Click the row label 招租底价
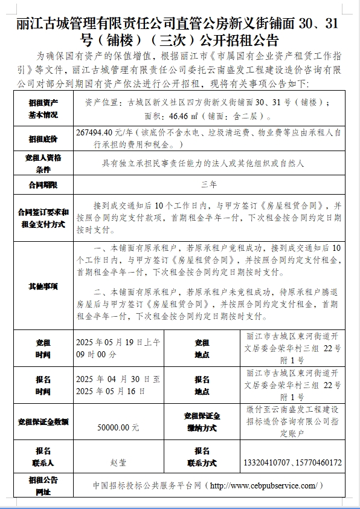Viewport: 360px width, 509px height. (43, 139)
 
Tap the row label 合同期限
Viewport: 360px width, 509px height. (43, 183)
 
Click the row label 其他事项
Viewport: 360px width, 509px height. (43, 286)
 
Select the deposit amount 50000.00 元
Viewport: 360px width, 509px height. (118, 427)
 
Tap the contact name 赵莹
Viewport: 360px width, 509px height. (118, 462)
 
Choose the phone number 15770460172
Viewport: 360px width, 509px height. (320, 462)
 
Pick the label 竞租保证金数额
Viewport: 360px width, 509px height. (43, 421)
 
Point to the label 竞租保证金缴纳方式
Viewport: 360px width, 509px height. (202, 421)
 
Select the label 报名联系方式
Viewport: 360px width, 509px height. (202, 457)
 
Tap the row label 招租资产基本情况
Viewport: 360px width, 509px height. (43, 109)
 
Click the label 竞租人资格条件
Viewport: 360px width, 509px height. (43, 163)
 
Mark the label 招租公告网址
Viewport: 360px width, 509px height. (43, 485)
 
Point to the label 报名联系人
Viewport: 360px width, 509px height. (43, 457)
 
